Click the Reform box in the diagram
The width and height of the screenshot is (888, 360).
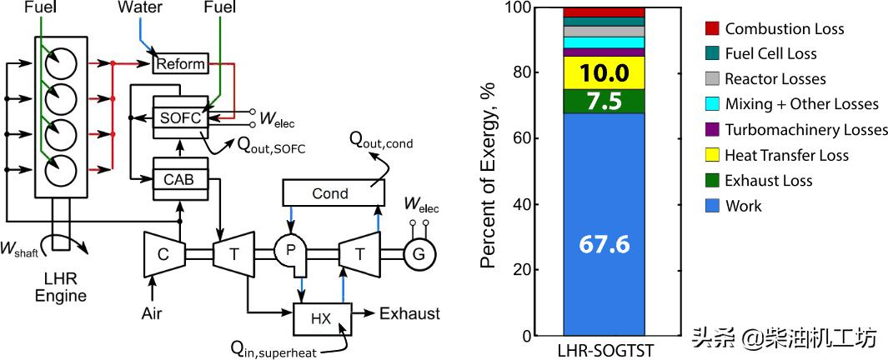(180, 64)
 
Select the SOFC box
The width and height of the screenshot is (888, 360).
(180, 117)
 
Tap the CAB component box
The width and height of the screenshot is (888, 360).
(179, 177)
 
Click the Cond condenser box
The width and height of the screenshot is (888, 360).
(330, 193)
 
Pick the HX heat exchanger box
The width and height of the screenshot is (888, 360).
(320, 317)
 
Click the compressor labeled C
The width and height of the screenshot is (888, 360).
(162, 249)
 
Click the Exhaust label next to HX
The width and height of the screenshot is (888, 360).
(409, 314)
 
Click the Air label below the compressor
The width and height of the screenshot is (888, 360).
(152, 316)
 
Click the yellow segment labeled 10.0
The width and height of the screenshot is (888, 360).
(604, 72)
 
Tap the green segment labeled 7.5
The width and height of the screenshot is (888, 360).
(604, 101)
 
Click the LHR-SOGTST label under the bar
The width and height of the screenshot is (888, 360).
(605, 351)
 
